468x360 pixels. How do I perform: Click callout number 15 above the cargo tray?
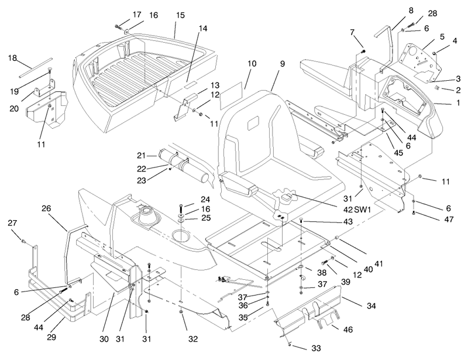[x=180, y=15]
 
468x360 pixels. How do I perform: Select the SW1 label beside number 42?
[x=362, y=210]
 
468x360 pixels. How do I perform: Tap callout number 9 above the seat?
[x=282, y=64]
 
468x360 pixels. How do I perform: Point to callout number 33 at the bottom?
[x=316, y=348]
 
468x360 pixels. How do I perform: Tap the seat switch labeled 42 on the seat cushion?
[x=286, y=198]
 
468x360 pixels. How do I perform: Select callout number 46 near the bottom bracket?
[x=348, y=330]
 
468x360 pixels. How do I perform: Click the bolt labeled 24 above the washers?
[x=181, y=207]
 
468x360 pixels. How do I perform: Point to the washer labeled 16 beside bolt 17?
[x=127, y=31]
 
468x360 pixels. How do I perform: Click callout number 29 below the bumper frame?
[x=51, y=337]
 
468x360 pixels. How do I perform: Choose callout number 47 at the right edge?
[x=449, y=220]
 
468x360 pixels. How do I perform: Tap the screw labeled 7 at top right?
[x=363, y=52]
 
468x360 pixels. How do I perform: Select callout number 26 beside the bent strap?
[x=46, y=208]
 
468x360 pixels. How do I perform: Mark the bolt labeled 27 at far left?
[x=23, y=240]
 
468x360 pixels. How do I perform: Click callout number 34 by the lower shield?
[x=371, y=306]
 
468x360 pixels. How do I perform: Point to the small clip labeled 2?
[x=436, y=88]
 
